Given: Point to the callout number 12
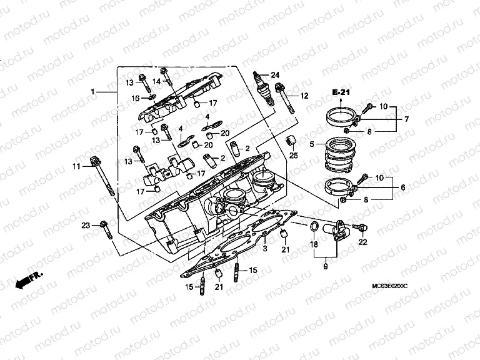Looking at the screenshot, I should pyautogui.click(x=304, y=96).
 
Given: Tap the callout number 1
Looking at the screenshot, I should pyautogui.click(x=93, y=91).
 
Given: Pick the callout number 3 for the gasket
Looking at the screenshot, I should pyautogui.click(x=265, y=249).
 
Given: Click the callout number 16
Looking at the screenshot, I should pyautogui.click(x=135, y=98).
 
